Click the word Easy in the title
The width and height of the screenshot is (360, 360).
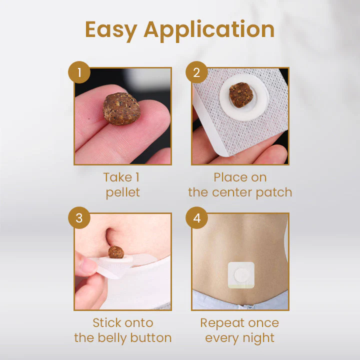110,29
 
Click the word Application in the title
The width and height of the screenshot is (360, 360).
209,30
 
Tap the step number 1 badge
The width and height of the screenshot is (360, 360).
78,73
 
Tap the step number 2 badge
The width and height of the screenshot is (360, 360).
196,73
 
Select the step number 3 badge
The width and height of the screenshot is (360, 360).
78,218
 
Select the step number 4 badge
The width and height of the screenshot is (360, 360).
196,218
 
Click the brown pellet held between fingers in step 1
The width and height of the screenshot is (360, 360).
122,108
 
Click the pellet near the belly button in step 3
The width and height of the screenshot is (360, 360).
116,251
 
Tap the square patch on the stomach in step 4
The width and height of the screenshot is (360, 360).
241,274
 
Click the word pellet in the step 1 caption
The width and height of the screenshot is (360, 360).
123,192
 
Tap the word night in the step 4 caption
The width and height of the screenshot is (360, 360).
258,338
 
